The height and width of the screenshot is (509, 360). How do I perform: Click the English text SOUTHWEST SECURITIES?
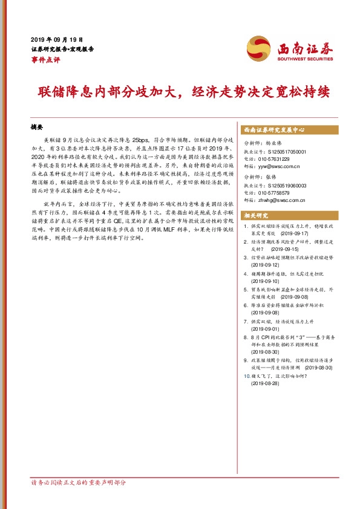(x=306, y=59)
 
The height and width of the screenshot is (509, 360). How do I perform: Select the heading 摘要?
(x=37, y=129)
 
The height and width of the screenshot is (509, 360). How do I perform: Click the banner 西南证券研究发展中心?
(x=273, y=130)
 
